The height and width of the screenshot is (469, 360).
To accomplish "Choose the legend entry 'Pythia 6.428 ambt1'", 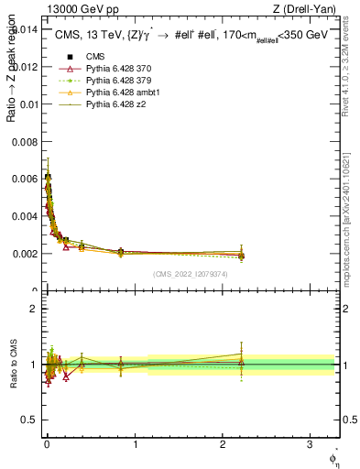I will (x=120, y=93).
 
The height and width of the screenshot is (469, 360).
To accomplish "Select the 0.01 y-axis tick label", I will (x=27, y=104).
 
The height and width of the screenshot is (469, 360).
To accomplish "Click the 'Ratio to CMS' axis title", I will (x=12, y=364).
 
